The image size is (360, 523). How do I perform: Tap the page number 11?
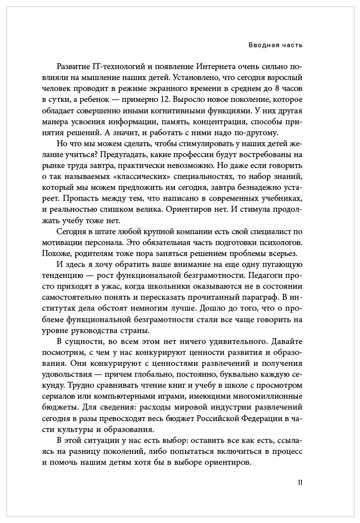click(x=299, y=483)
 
